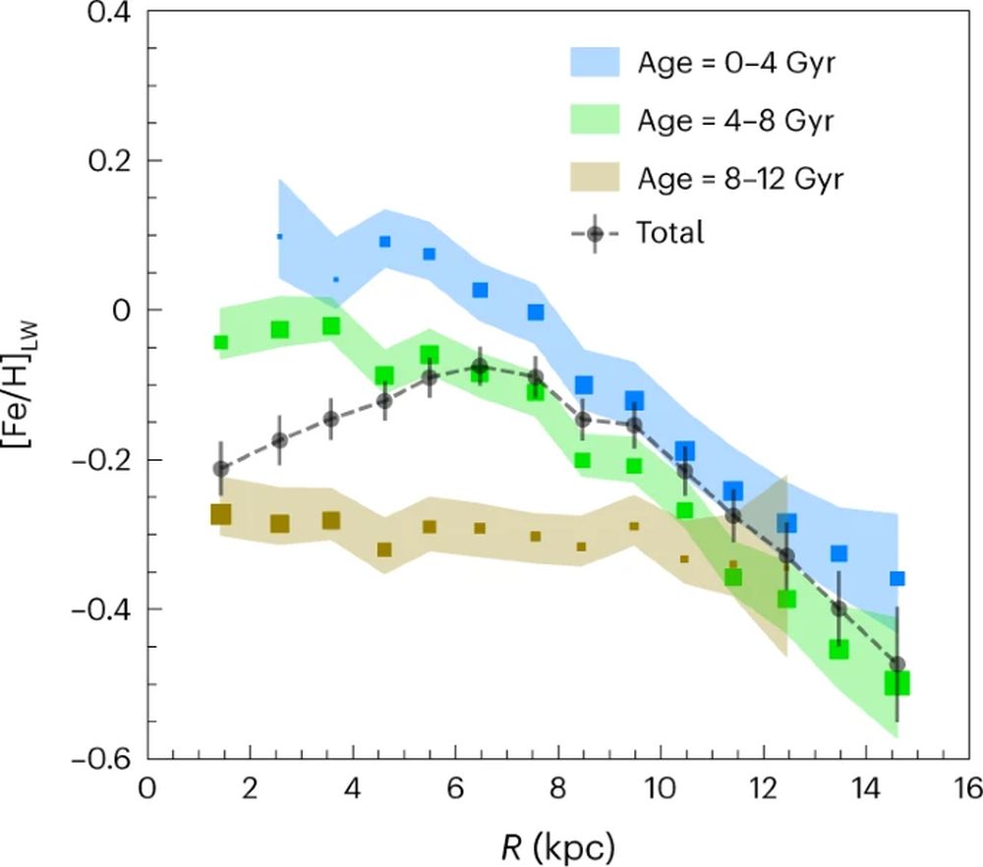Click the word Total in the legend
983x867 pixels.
click(x=670, y=234)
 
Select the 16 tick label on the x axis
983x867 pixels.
click(x=968, y=789)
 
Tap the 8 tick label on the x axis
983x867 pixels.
click(x=558, y=789)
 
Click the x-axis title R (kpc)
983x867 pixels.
click(x=557, y=842)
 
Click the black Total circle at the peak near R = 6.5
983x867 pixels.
click(x=481, y=368)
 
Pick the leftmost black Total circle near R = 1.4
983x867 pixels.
click(x=221, y=469)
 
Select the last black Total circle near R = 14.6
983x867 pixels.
click(x=896, y=665)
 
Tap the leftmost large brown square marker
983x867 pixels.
click(x=221, y=514)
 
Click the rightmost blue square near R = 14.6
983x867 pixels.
click(x=896, y=578)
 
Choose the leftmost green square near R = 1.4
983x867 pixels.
click(x=221, y=342)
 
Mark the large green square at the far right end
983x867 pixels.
click(x=896, y=683)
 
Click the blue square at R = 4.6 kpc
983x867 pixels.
click(x=385, y=242)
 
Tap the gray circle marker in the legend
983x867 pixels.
click(x=595, y=234)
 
